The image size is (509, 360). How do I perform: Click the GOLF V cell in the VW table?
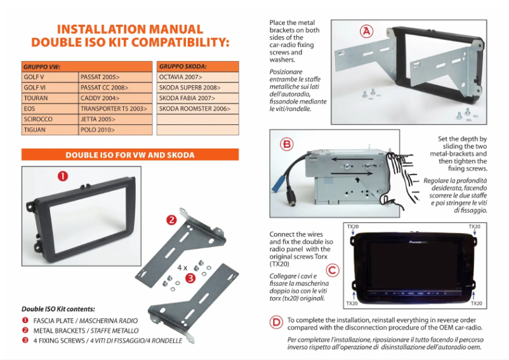(50, 76)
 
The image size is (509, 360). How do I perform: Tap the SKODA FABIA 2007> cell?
(197, 98)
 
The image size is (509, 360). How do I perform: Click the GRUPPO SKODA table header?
(197, 65)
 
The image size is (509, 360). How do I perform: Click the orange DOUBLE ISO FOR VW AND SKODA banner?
(130, 155)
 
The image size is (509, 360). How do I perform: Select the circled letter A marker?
(367, 30)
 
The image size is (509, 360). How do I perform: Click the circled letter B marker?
(288, 144)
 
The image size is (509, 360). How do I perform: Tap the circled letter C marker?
(333, 269)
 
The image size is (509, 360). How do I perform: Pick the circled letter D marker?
(276, 323)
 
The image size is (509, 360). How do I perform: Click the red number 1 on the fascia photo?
(63, 177)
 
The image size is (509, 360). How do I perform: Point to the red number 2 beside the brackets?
(171, 220)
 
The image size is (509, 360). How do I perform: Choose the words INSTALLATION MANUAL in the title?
(130, 29)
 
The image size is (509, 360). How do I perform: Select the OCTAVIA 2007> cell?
(197, 76)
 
